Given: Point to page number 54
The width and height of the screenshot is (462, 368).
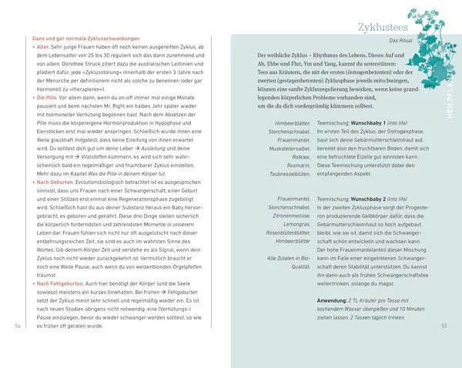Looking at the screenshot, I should tap(18, 326).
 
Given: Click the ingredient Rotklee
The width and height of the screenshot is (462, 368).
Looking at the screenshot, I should tap(296, 155).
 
